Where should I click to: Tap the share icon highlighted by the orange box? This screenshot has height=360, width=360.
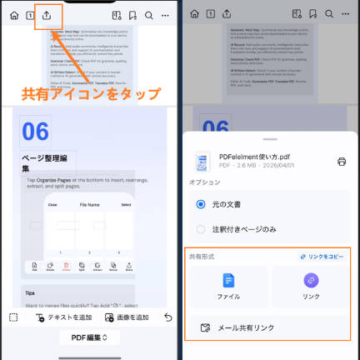(49, 15)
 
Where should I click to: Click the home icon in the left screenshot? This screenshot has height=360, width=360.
(13, 15)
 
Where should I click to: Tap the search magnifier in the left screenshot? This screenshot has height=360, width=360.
(148, 15)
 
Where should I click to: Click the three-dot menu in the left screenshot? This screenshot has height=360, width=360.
(166, 15)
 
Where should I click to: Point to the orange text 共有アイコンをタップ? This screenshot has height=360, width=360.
(91, 93)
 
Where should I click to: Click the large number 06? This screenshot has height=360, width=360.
(36, 132)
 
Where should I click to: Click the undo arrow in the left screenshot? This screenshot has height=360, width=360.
(168, 317)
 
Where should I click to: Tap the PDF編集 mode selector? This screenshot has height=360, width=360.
(89, 338)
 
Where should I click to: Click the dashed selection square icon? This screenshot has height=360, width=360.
(13, 317)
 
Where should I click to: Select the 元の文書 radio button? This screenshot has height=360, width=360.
(200, 204)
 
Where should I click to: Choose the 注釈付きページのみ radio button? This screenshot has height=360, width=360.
(200, 228)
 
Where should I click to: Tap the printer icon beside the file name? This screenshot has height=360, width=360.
(341, 162)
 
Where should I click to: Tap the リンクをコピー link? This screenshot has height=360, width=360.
(321, 257)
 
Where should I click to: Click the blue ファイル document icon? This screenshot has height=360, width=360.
(228, 281)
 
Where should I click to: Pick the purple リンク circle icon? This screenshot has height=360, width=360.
(310, 281)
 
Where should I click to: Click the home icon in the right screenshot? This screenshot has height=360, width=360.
(194, 15)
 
